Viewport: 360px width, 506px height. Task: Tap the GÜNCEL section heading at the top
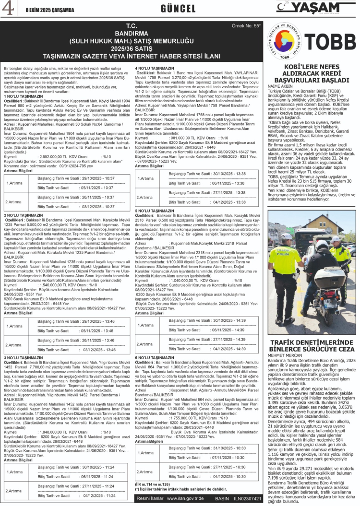click(x=178, y=9)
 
